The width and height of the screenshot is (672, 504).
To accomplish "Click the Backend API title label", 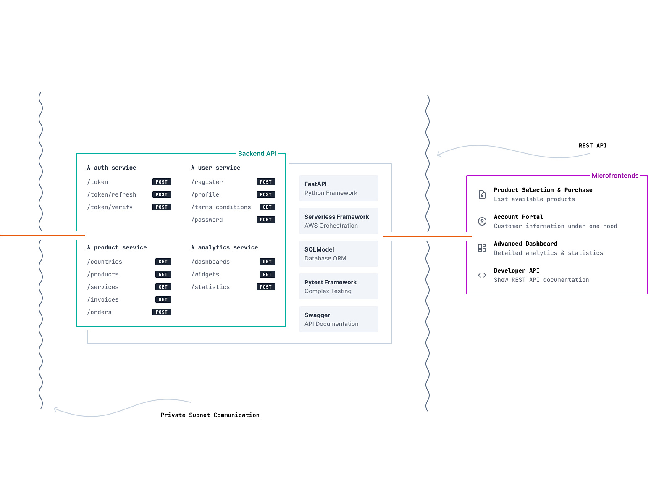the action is click(257, 153).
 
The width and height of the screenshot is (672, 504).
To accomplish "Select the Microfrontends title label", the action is click(615, 175).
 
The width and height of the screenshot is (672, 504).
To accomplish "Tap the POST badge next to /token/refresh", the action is click(161, 194).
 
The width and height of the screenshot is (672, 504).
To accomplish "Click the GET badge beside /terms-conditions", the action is click(267, 207).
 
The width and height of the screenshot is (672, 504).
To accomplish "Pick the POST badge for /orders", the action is click(161, 312).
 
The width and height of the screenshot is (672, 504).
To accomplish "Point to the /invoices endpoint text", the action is click(102, 299).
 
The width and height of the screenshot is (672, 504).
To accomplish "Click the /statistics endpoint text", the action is click(210, 287).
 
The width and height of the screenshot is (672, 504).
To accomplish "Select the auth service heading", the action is click(111, 168).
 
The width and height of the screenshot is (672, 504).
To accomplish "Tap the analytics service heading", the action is click(224, 247).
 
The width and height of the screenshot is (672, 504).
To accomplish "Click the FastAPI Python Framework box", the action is click(338, 188).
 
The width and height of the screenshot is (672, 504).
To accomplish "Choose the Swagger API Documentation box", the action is click(338, 319).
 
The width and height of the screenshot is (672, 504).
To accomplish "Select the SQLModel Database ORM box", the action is click(338, 253).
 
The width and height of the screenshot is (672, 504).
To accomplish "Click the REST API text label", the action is click(592, 145).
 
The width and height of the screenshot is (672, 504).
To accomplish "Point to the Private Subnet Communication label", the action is click(210, 415).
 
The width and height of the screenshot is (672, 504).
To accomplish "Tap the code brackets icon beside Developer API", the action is click(482, 275).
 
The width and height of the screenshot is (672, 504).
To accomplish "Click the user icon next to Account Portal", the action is click(482, 221).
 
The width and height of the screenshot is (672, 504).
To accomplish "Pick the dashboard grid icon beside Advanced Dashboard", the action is click(482, 248).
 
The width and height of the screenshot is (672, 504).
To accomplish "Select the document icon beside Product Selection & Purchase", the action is click(482, 194).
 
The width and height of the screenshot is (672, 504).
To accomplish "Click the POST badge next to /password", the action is click(265, 219).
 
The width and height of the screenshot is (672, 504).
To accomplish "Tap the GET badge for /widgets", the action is click(267, 274).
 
